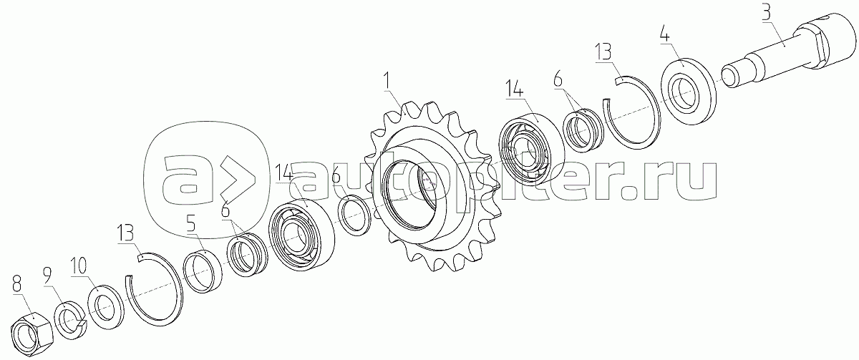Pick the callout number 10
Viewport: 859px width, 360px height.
coord(79,266)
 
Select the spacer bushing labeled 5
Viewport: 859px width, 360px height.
coord(203,271)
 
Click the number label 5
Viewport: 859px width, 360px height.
coord(191,223)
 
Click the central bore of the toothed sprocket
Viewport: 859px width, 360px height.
coord(410,195)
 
